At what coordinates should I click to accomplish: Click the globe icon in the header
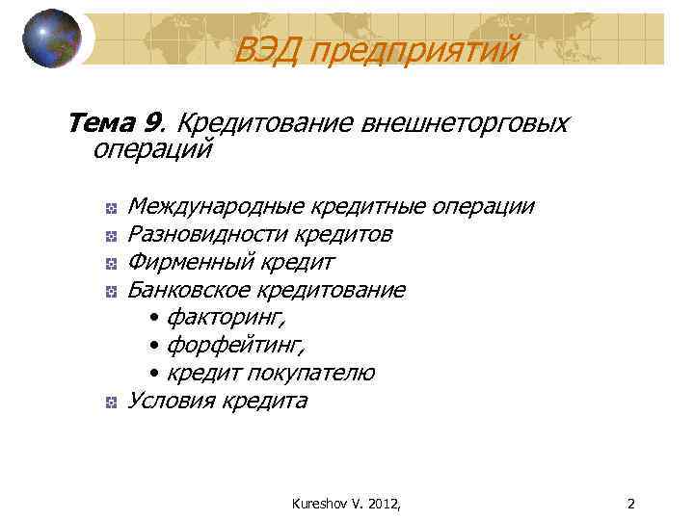51,39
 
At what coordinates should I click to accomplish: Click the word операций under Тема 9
152,149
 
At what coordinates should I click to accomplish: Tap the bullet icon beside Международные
112,208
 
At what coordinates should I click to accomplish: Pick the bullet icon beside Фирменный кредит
112,263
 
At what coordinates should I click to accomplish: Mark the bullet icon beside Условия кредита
112,402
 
